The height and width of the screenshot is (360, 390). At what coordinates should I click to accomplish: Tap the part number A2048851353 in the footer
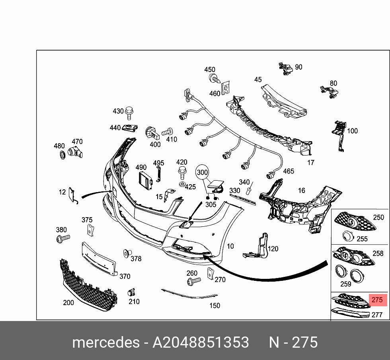point(201,342)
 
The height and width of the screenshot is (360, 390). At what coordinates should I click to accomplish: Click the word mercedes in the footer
point(105,342)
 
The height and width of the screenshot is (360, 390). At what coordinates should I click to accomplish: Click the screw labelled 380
point(62,239)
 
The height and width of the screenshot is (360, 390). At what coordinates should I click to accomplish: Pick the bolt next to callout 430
point(129,113)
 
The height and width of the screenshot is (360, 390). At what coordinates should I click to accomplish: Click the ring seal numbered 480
point(62,155)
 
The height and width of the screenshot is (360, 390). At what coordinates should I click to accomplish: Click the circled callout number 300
point(203,172)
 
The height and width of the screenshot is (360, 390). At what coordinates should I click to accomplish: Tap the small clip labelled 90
point(285,68)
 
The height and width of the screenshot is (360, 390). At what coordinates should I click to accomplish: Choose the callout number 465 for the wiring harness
point(288,171)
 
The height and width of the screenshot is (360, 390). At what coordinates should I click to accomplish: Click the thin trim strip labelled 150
point(189,295)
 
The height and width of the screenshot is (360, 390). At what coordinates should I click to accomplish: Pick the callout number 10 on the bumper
point(230,246)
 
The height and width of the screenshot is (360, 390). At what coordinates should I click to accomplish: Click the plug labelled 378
point(127,253)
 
